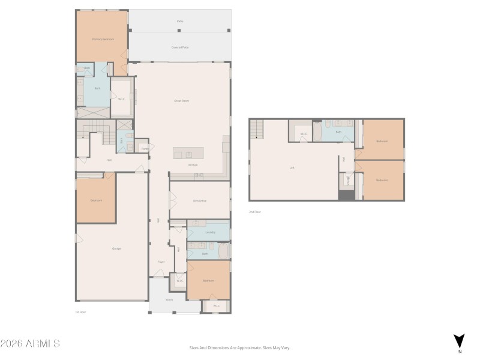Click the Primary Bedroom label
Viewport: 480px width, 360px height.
[103, 39]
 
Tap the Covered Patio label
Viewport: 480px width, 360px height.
[181, 47]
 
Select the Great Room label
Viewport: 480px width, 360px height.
[181, 101]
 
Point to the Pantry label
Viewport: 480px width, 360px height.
[145, 148]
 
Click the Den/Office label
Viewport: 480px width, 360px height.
[200, 200]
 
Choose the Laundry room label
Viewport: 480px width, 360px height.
[210, 232]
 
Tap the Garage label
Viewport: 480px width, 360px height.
[116, 248]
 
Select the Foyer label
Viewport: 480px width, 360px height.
[161, 262]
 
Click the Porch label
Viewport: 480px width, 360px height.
[169, 300]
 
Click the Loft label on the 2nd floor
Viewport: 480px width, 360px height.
[292, 167]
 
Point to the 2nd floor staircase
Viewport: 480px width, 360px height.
[257, 128]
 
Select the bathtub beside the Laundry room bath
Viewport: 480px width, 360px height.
[224, 251]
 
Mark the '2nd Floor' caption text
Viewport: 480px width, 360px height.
[255, 212]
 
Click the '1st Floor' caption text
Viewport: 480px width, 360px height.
[81, 312]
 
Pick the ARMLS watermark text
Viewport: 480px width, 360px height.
[30, 344]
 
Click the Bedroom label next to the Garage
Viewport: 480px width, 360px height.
[96, 200]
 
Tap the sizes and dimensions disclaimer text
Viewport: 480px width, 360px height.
[239, 347]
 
